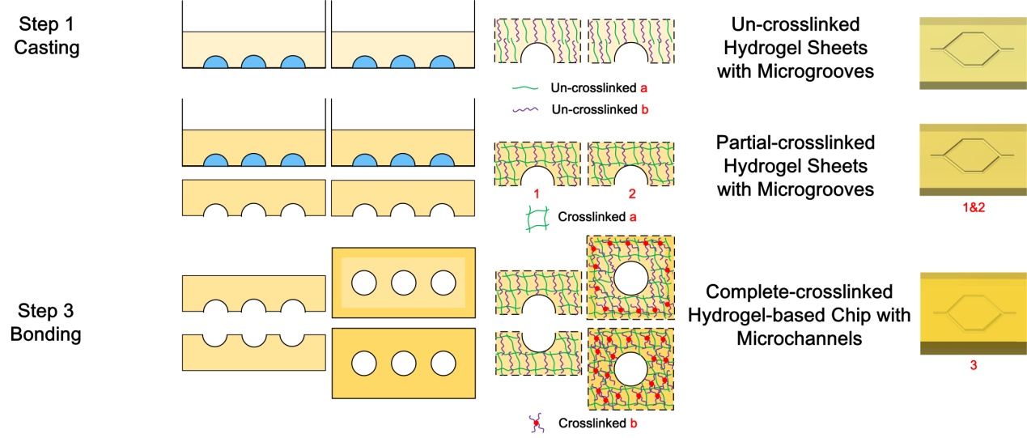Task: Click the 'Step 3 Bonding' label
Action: point(45,322)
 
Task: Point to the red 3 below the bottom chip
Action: point(973,365)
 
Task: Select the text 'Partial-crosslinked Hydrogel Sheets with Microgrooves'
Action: point(795,166)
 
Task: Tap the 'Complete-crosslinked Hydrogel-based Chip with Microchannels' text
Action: point(799,315)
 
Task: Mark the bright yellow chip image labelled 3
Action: point(973,313)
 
